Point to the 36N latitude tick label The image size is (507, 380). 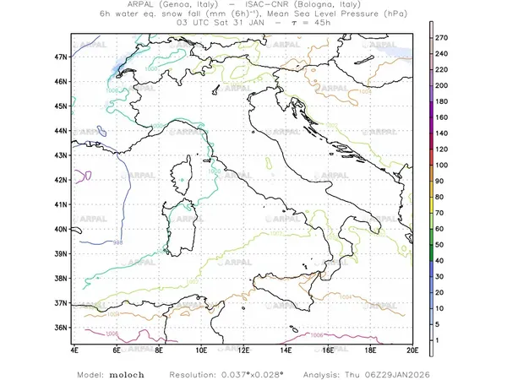61,327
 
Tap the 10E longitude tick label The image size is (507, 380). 201,350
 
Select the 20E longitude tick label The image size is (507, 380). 412,350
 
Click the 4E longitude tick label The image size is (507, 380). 74,350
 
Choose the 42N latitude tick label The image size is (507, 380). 61,180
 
